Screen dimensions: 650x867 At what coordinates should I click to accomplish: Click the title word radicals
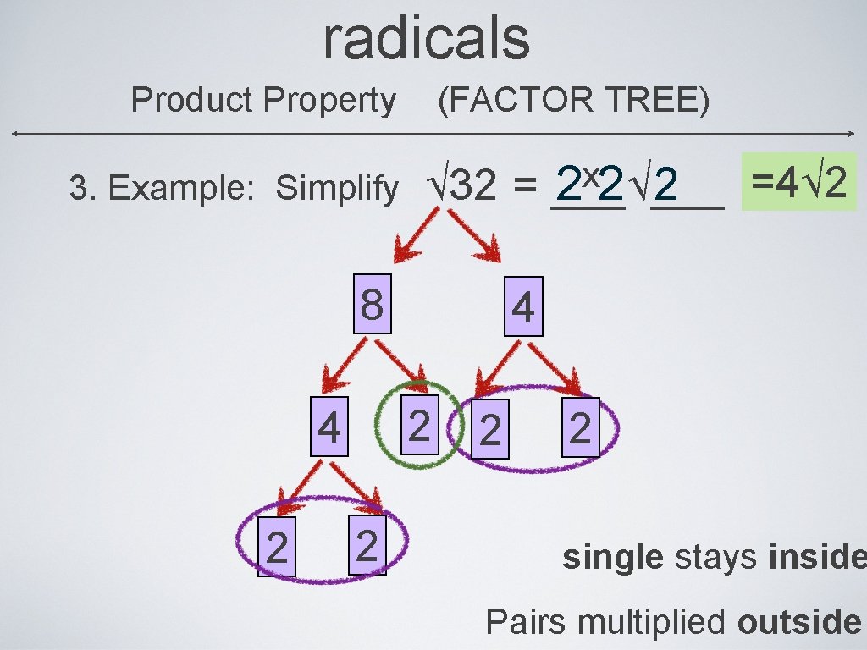426,38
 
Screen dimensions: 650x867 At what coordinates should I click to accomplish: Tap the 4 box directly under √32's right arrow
523,308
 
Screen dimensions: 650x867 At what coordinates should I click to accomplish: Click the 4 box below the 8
329,428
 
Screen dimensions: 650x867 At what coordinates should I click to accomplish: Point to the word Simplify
336,189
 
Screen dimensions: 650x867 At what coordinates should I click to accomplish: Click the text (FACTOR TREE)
573,101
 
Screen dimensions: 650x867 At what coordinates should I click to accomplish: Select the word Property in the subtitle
329,101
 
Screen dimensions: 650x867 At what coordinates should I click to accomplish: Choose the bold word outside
798,622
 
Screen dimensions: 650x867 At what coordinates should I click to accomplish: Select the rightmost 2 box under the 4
580,428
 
